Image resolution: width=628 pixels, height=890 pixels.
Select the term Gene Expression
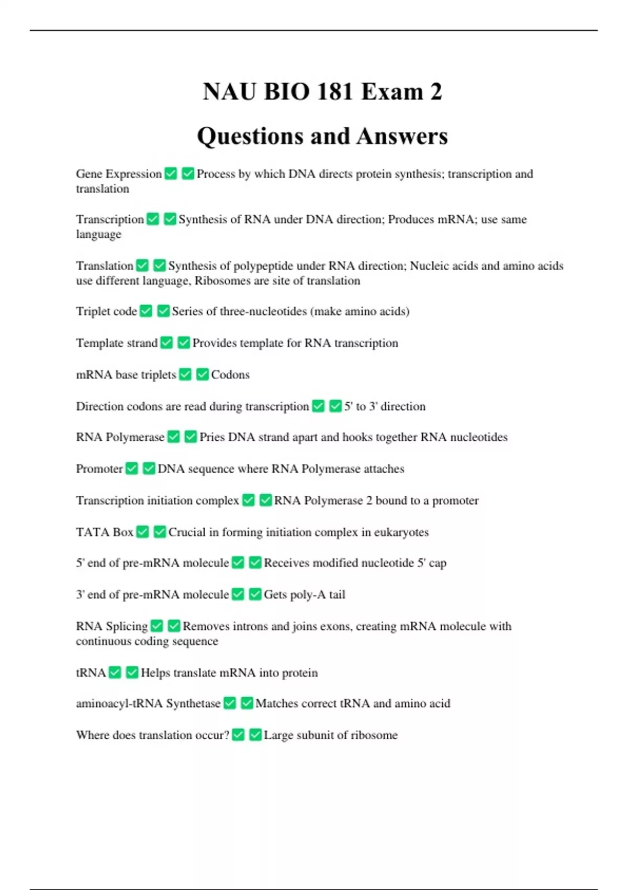coord(119,174)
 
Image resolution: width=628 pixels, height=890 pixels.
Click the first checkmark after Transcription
coord(153,219)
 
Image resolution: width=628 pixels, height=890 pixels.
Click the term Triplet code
coord(106,311)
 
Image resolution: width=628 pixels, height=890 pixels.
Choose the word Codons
coord(230,375)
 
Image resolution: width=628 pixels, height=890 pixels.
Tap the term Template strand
coord(117,343)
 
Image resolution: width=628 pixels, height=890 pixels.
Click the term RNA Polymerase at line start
coord(120,437)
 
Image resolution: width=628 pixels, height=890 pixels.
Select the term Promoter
coord(99,469)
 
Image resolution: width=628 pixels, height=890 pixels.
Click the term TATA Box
coord(105,532)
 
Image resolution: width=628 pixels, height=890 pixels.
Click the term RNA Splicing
coord(111,627)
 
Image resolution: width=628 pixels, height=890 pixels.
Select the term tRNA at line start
coord(91,673)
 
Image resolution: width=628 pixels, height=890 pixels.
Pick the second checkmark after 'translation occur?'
coord(255,735)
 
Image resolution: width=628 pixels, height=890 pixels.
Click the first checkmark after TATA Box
coord(142,532)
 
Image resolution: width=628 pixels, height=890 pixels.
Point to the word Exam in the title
coord(392,92)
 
